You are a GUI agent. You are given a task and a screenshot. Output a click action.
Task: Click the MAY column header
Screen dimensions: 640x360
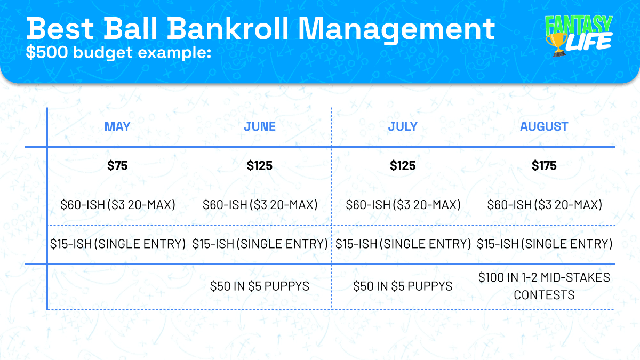click(117, 126)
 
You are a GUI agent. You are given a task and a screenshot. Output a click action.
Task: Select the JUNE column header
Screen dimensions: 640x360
click(260, 126)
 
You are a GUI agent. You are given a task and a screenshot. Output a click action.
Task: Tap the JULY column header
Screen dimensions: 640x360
click(403, 126)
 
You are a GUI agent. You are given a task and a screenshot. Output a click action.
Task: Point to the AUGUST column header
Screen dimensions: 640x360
click(544, 126)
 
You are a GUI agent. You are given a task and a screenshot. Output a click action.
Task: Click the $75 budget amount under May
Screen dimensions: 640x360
click(117, 165)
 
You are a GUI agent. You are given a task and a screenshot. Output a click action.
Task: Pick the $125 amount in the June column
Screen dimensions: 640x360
click(260, 165)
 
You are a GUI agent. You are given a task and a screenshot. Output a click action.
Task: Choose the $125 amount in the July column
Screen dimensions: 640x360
click(403, 165)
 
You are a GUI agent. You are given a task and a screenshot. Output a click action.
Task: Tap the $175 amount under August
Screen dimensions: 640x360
click(544, 165)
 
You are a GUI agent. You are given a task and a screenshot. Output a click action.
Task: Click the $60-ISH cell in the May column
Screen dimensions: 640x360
click(118, 205)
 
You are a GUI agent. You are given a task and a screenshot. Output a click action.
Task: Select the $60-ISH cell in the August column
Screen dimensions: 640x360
click(545, 205)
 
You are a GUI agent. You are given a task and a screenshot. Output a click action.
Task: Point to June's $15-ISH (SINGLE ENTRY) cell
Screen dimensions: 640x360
click(260, 244)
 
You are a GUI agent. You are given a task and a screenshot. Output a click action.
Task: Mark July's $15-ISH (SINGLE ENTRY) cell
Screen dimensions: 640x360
click(403, 244)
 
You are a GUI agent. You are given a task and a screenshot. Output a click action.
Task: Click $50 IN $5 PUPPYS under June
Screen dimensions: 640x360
click(260, 286)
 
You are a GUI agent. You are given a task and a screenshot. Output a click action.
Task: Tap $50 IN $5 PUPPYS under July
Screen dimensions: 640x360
click(403, 286)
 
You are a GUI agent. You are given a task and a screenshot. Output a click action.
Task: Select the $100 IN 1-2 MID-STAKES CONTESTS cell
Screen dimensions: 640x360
click(544, 286)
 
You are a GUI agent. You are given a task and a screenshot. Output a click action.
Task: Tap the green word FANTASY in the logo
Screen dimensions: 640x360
click(578, 25)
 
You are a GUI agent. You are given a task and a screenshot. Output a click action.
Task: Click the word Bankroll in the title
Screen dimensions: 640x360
click(228, 29)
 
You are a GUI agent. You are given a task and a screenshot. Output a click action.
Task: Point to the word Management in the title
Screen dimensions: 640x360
click(396, 30)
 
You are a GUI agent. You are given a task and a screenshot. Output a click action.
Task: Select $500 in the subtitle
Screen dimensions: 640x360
click(47, 52)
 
